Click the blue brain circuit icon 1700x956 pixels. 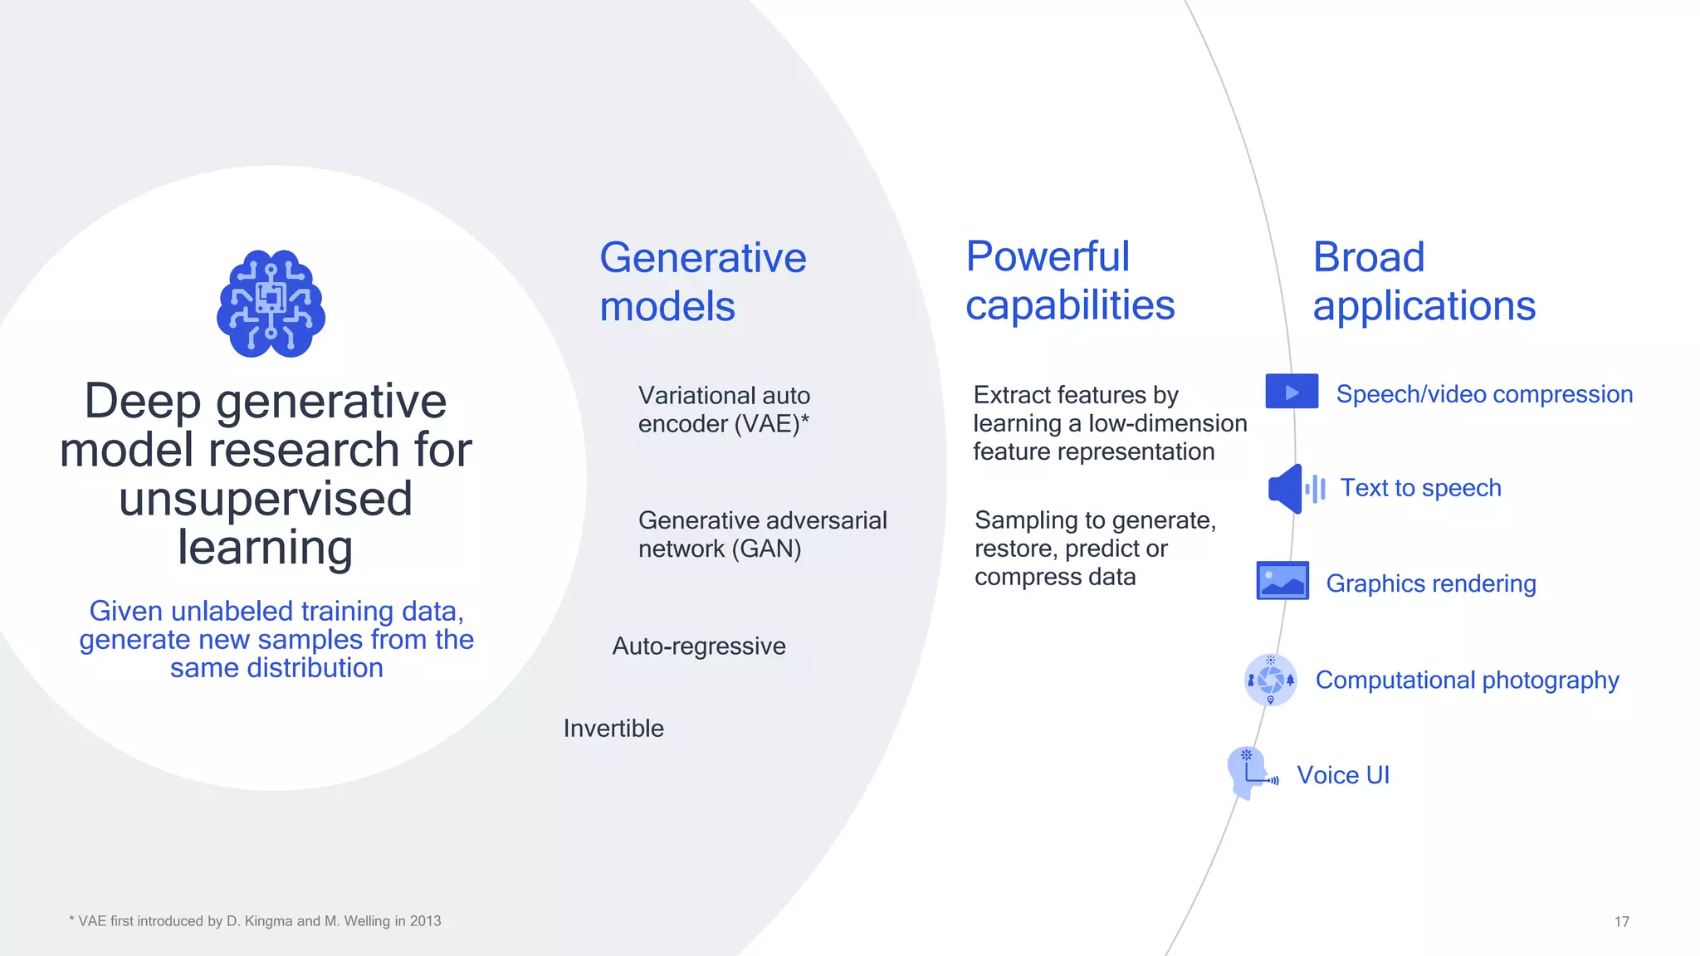(x=271, y=304)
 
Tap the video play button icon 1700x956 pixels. (x=1291, y=392)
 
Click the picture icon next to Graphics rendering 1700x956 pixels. (x=1282, y=581)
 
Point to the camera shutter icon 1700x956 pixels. (x=1270, y=680)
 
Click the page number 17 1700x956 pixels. (x=1621, y=921)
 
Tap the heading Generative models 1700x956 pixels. (x=702, y=282)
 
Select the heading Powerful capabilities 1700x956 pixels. (x=1069, y=280)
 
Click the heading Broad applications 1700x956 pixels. (x=1423, y=280)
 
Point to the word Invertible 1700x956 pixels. (x=613, y=729)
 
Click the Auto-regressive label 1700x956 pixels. (x=698, y=646)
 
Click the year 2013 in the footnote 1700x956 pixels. (x=425, y=921)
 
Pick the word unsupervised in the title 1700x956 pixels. (x=266, y=499)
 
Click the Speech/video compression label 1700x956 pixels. (x=1483, y=394)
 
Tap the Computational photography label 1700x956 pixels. (x=1467, y=680)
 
